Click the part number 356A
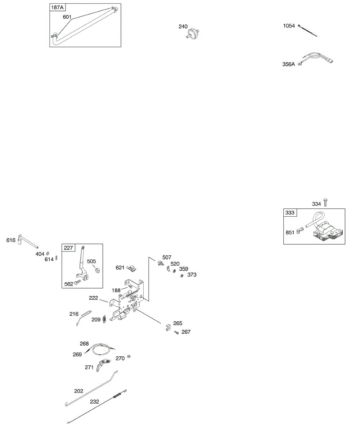click(289, 64)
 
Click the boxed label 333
click(290, 212)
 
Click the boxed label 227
click(68, 248)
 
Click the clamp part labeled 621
click(132, 267)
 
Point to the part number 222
click(94, 298)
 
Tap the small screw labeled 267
click(176, 333)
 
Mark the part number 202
click(78, 391)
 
